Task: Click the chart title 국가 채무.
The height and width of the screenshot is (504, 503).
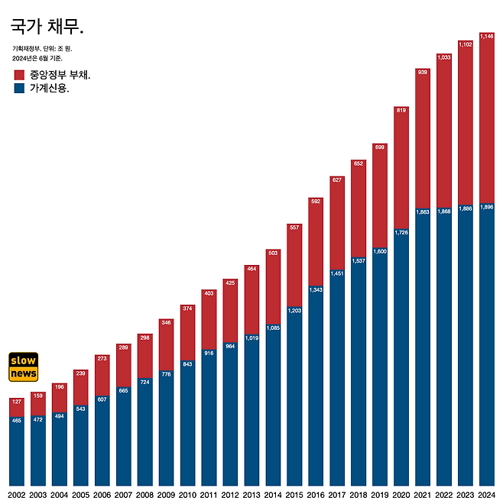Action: [x=47, y=27]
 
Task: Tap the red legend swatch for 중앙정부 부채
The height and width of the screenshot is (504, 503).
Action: [x=20, y=75]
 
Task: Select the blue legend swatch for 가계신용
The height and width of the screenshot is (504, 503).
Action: [x=20, y=89]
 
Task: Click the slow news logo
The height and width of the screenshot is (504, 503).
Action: [x=24, y=367]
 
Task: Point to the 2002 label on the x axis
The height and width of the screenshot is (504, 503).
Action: [x=17, y=495]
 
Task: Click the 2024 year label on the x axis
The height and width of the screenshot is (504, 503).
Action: [x=486, y=495]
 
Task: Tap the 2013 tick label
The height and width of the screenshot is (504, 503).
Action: [x=251, y=495]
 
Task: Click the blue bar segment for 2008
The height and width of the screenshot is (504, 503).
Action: [x=144, y=435]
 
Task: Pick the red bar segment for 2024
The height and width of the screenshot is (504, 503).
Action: [x=486, y=122]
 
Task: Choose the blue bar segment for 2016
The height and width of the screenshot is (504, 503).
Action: [x=316, y=389]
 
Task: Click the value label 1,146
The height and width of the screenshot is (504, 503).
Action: [x=486, y=36]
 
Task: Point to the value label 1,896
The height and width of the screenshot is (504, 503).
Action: [x=486, y=207]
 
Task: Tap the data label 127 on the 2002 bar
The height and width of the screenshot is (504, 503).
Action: [x=17, y=402]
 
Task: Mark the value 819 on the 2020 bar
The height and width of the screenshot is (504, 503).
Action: [x=401, y=110]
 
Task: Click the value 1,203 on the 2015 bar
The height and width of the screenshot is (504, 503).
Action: [x=294, y=311]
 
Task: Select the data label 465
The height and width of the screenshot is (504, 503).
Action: [x=17, y=421]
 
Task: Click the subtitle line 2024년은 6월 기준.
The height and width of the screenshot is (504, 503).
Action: [x=37, y=58]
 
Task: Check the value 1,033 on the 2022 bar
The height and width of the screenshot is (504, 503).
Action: [x=443, y=57]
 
